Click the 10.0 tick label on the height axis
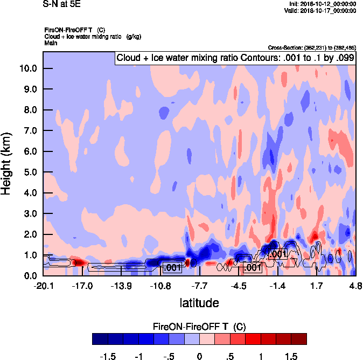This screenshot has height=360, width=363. point(27,68)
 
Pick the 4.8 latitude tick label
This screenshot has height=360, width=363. point(355,285)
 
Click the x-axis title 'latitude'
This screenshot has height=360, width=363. point(199,303)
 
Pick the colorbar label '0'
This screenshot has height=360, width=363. point(199,356)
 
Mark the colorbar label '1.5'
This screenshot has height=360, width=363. point(291,356)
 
